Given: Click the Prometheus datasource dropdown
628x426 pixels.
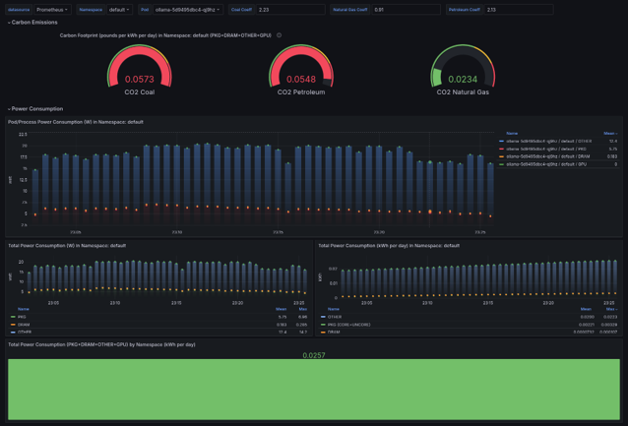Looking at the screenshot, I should [x=52, y=10].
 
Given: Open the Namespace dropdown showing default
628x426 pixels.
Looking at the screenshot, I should [x=118, y=10].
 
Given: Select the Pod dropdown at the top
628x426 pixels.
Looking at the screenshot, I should [x=187, y=10].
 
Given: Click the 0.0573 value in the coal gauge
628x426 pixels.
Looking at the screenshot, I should [x=139, y=80].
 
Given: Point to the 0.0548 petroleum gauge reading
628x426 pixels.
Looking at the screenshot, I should [x=301, y=80].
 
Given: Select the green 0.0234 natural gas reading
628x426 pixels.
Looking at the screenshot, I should [x=463, y=80].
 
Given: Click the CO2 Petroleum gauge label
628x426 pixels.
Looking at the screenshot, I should [x=301, y=92].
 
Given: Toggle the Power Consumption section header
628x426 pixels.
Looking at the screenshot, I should [x=36, y=109].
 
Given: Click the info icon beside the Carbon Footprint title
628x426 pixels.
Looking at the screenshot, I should [x=279, y=35].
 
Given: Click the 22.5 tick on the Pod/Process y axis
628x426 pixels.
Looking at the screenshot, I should [x=23, y=135].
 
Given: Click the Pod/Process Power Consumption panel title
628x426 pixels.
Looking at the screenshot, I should [x=76, y=122].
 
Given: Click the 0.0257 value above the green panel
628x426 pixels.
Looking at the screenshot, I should [x=313, y=355].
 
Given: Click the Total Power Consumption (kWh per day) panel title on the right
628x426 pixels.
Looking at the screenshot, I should [x=389, y=245].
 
